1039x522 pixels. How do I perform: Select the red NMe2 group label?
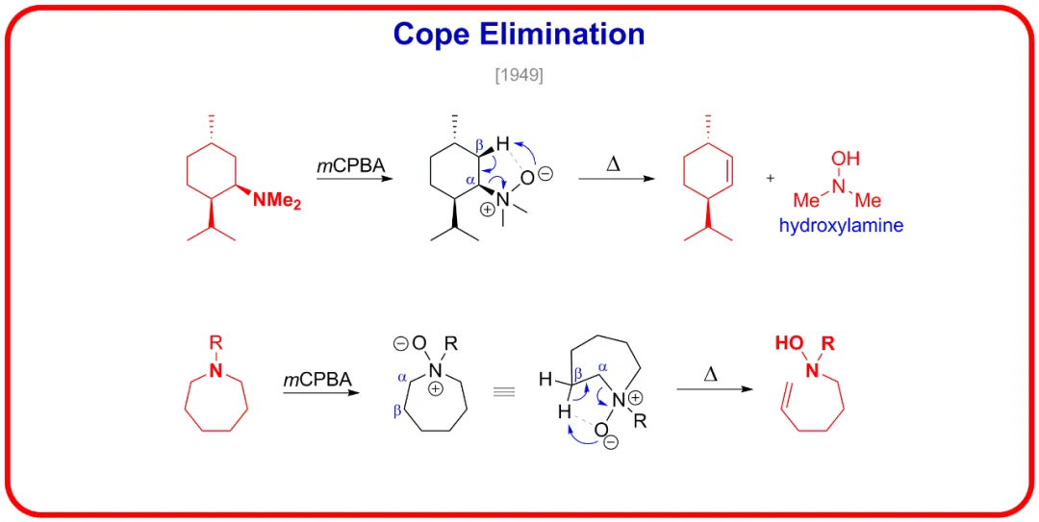(x=277, y=200)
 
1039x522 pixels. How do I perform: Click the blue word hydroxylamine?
(x=841, y=226)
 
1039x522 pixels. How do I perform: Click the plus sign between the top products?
(x=770, y=178)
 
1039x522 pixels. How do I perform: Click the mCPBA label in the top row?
(x=350, y=165)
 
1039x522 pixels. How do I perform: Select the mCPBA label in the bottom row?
(x=317, y=381)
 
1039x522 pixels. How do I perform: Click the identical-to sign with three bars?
(x=504, y=392)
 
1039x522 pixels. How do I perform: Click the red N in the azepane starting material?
(x=215, y=371)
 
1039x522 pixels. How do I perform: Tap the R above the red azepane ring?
(x=215, y=342)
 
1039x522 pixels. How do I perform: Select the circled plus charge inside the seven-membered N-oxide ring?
(x=436, y=389)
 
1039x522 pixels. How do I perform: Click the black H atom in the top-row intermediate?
(x=503, y=141)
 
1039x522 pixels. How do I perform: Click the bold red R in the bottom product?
(x=828, y=344)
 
